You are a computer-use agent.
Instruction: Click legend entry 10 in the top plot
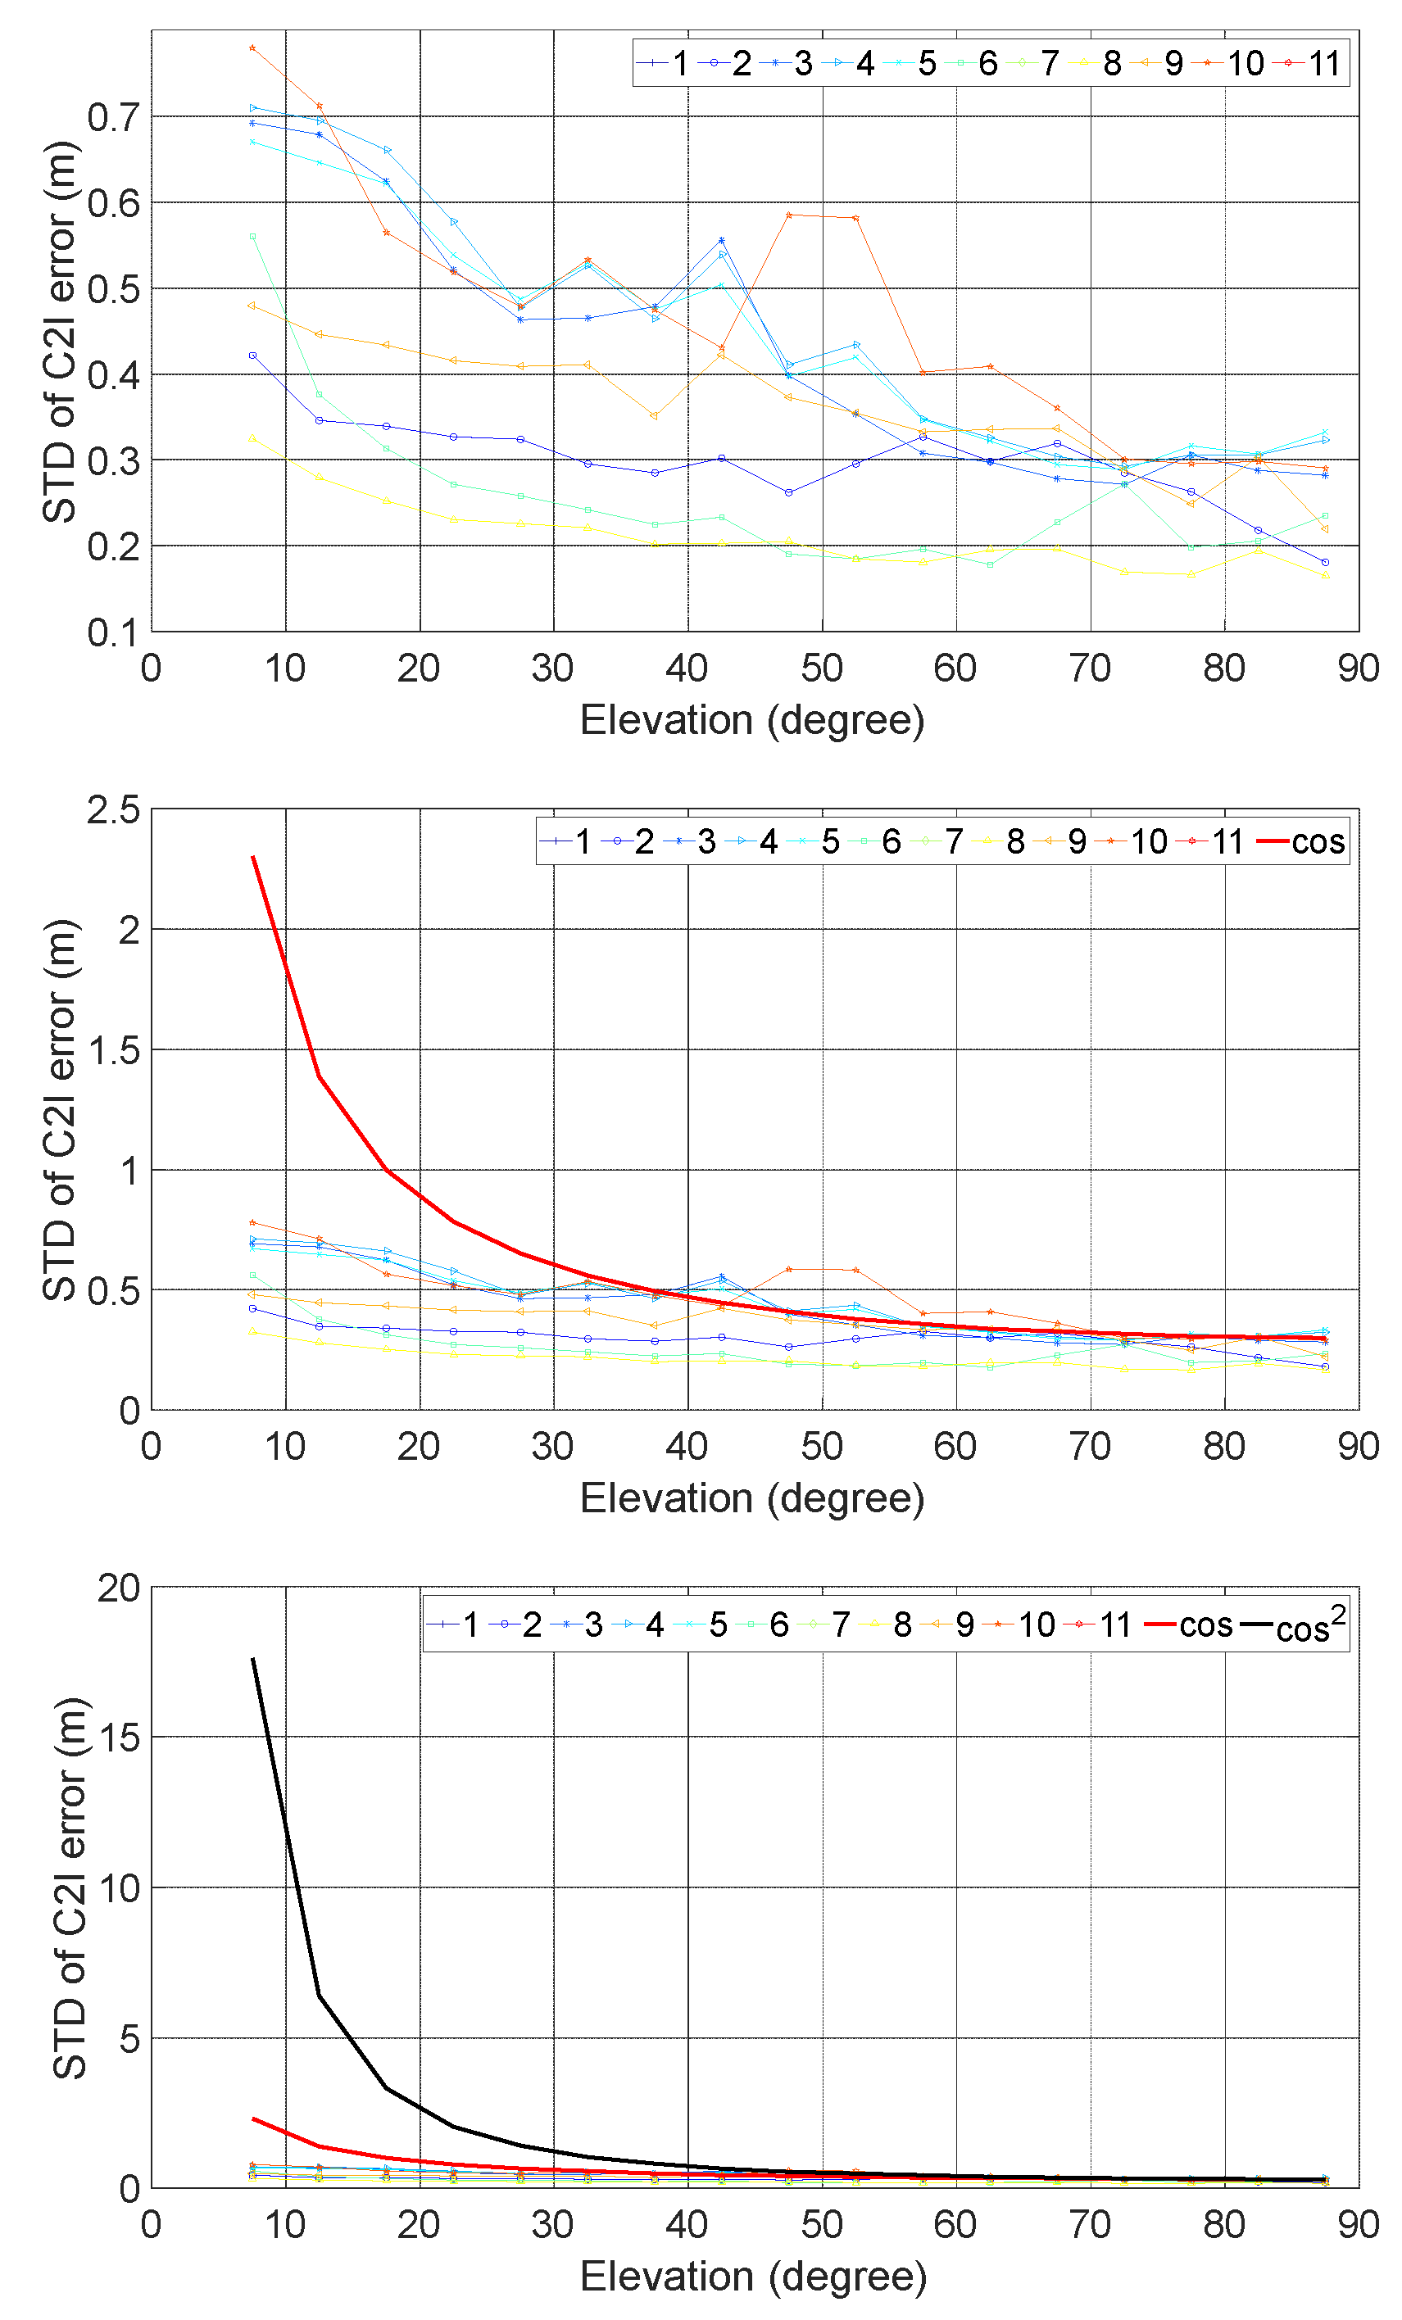click(1230, 63)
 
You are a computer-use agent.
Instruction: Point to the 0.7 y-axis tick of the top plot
click(112, 118)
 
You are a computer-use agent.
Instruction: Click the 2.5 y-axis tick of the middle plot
click(112, 809)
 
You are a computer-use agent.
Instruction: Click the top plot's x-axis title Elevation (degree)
click(751, 720)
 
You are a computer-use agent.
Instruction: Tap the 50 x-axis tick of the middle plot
click(821, 1445)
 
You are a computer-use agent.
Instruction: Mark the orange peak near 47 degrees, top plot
click(789, 215)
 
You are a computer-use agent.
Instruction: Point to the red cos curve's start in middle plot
click(252, 857)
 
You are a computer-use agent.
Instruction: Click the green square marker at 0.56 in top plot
click(252, 236)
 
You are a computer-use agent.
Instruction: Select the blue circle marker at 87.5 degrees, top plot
click(1325, 562)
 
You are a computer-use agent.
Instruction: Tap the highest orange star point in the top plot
click(252, 47)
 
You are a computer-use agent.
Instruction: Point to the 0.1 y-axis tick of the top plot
click(112, 632)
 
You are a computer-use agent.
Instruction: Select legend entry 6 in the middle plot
click(876, 841)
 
